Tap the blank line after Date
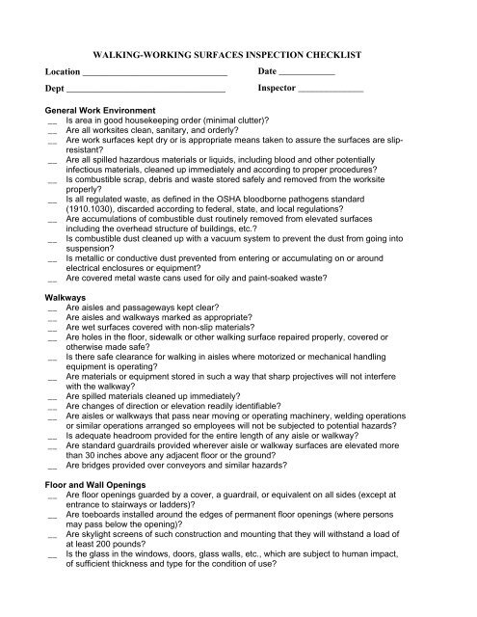click(306, 73)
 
